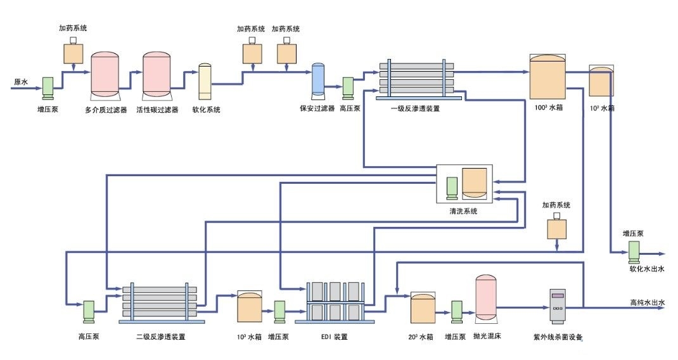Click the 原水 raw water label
[21, 82]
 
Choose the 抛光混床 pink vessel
[485, 298]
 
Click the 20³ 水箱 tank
[422, 307]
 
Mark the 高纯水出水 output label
[647, 303]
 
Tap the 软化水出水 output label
[646, 269]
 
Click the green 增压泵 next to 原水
[48, 88]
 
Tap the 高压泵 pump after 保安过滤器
[348, 88]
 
